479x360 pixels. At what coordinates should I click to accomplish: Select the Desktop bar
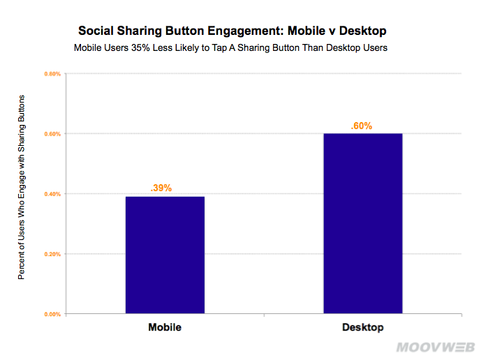point(362,223)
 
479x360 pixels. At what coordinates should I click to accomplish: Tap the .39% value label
point(161,188)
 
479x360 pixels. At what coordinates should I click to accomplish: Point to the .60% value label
point(361,126)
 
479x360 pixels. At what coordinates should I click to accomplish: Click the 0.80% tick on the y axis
point(53,73)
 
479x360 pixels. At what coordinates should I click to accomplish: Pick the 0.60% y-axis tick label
point(53,133)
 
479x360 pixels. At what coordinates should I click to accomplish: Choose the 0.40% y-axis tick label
point(53,194)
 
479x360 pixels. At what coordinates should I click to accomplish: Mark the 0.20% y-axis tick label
point(53,254)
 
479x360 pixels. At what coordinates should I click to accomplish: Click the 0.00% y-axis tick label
point(53,315)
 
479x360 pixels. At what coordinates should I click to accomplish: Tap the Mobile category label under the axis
point(165,327)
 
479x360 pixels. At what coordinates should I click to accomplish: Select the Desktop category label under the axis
point(362,327)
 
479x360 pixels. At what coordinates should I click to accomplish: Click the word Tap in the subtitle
point(238,49)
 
